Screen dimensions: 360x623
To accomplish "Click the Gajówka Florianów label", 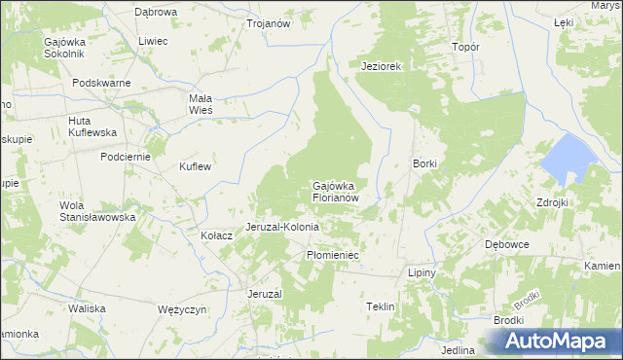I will click(337, 191).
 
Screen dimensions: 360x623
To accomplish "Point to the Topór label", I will click(466, 47).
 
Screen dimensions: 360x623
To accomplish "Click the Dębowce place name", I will click(507, 244).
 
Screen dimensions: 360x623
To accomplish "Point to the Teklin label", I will click(380, 306).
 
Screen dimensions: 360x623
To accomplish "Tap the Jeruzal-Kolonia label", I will click(288, 227).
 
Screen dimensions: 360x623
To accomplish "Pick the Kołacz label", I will click(216, 235).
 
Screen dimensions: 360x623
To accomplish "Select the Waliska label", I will click(87, 308).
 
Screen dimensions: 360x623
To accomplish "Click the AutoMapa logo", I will click(561, 341).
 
